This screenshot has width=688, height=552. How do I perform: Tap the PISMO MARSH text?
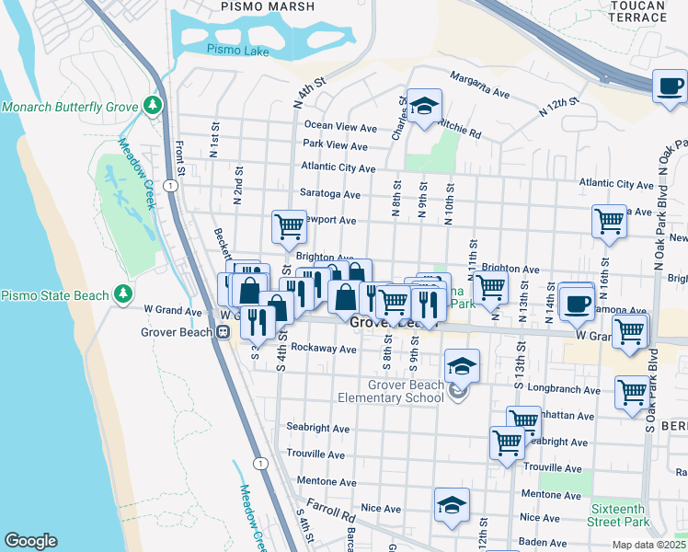point(268,6)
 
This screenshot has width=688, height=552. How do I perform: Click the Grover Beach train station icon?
point(223,333)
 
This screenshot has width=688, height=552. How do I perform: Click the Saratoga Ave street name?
point(330,194)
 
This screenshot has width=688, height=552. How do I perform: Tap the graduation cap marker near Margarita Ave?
point(425,107)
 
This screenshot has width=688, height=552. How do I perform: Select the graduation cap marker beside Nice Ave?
point(452,505)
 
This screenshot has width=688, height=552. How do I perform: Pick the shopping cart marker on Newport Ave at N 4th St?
point(289,224)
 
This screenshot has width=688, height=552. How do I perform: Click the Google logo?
point(30,541)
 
